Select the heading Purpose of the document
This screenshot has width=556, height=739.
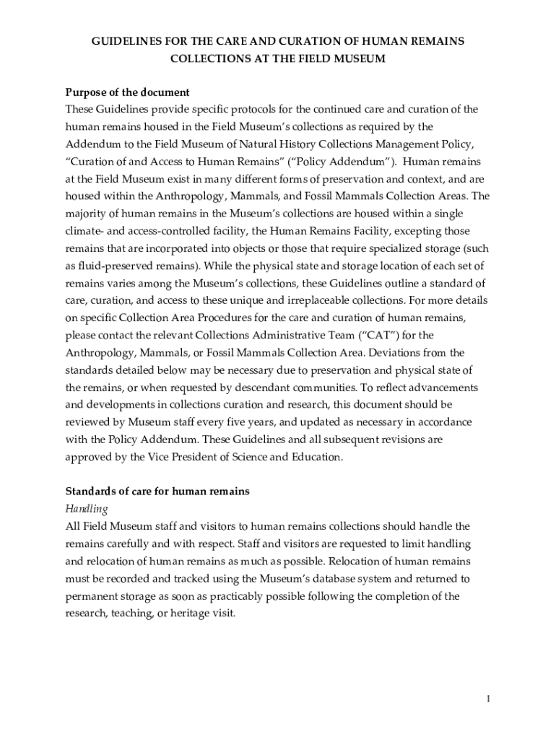click(127, 92)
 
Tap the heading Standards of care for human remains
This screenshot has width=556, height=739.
click(157, 491)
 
